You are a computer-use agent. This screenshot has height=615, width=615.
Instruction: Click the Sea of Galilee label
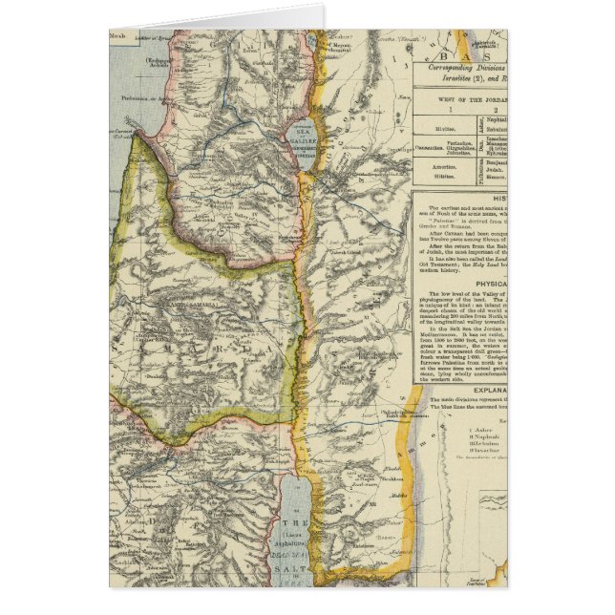(309, 136)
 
